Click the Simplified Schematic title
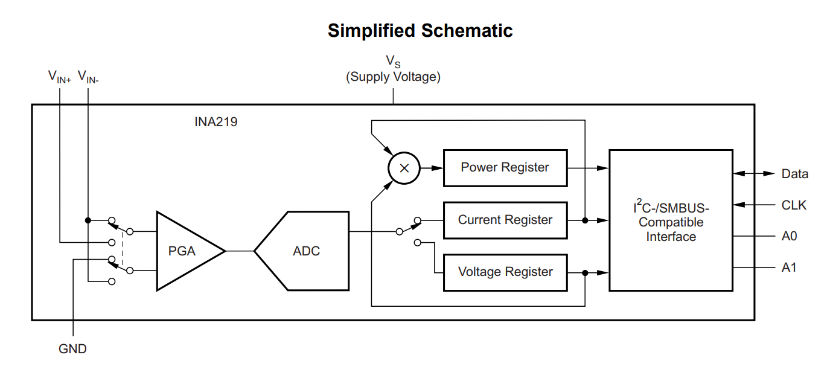click(420, 31)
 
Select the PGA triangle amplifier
click(185, 251)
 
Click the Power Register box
click(505, 167)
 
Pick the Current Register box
click(505, 220)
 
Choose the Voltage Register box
click(505, 272)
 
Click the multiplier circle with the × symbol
click(404, 168)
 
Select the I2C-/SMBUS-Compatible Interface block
click(671, 220)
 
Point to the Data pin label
click(794, 174)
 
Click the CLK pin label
click(794, 205)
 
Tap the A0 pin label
click(789, 236)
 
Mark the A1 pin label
click(789, 267)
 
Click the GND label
click(72, 349)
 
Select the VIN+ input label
click(59, 77)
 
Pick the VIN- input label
click(88, 77)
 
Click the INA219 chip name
click(215, 122)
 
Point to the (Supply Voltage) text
click(393, 77)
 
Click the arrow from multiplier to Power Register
click(431, 168)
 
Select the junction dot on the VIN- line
click(88, 220)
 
